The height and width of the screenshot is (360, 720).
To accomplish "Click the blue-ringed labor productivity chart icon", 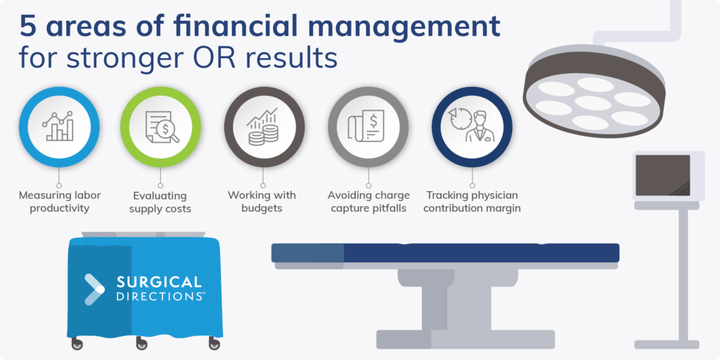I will [x=59, y=127].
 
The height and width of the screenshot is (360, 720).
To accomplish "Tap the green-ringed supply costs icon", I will [x=162, y=127].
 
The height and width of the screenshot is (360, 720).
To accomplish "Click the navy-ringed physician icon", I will [x=471, y=127].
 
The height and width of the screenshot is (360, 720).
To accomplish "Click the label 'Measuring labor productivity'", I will [x=59, y=201].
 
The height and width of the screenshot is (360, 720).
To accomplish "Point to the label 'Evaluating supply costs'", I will [x=162, y=202].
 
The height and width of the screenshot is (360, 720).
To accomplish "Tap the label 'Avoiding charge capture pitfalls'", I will [x=367, y=202].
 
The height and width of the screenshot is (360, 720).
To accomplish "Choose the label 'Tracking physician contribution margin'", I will [x=473, y=202].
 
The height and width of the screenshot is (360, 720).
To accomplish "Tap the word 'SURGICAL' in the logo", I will [x=157, y=283].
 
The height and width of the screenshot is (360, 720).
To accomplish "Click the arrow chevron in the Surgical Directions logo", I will [x=94, y=288].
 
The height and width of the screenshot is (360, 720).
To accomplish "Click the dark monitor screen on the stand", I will [x=663, y=175].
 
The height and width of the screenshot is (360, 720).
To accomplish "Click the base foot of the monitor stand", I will [x=666, y=345].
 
